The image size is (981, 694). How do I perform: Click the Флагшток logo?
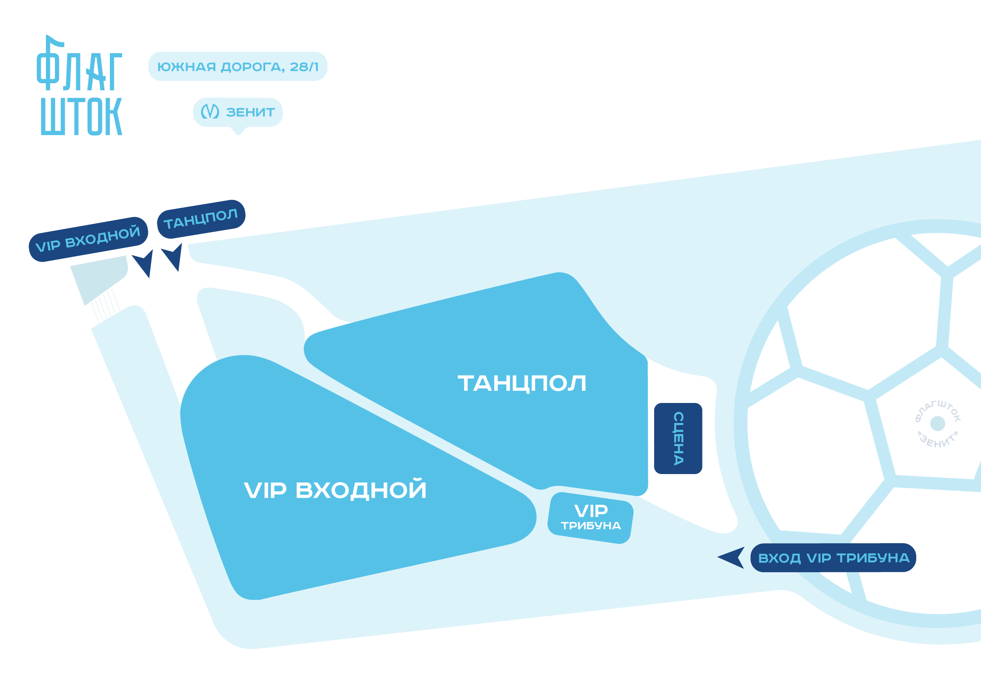click(80, 86)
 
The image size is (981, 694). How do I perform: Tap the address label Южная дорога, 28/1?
click(237, 67)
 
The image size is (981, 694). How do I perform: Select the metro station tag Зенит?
click(238, 112)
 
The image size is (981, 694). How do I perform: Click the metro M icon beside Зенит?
click(210, 112)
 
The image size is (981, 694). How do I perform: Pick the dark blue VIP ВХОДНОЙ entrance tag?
click(88, 239)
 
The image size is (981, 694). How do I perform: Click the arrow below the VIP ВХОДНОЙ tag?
click(144, 262)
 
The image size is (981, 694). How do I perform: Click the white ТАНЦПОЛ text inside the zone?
click(521, 383)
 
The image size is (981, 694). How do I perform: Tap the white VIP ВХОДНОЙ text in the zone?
click(335, 490)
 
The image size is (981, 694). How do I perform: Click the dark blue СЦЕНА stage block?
click(678, 438)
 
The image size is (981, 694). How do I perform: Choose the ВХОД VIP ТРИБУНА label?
click(833, 558)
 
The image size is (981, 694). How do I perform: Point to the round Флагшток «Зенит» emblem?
click(937, 424)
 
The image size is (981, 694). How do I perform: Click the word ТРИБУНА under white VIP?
click(591, 526)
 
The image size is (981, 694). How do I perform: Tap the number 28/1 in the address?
click(304, 67)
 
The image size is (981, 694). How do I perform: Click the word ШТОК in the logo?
click(81, 116)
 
